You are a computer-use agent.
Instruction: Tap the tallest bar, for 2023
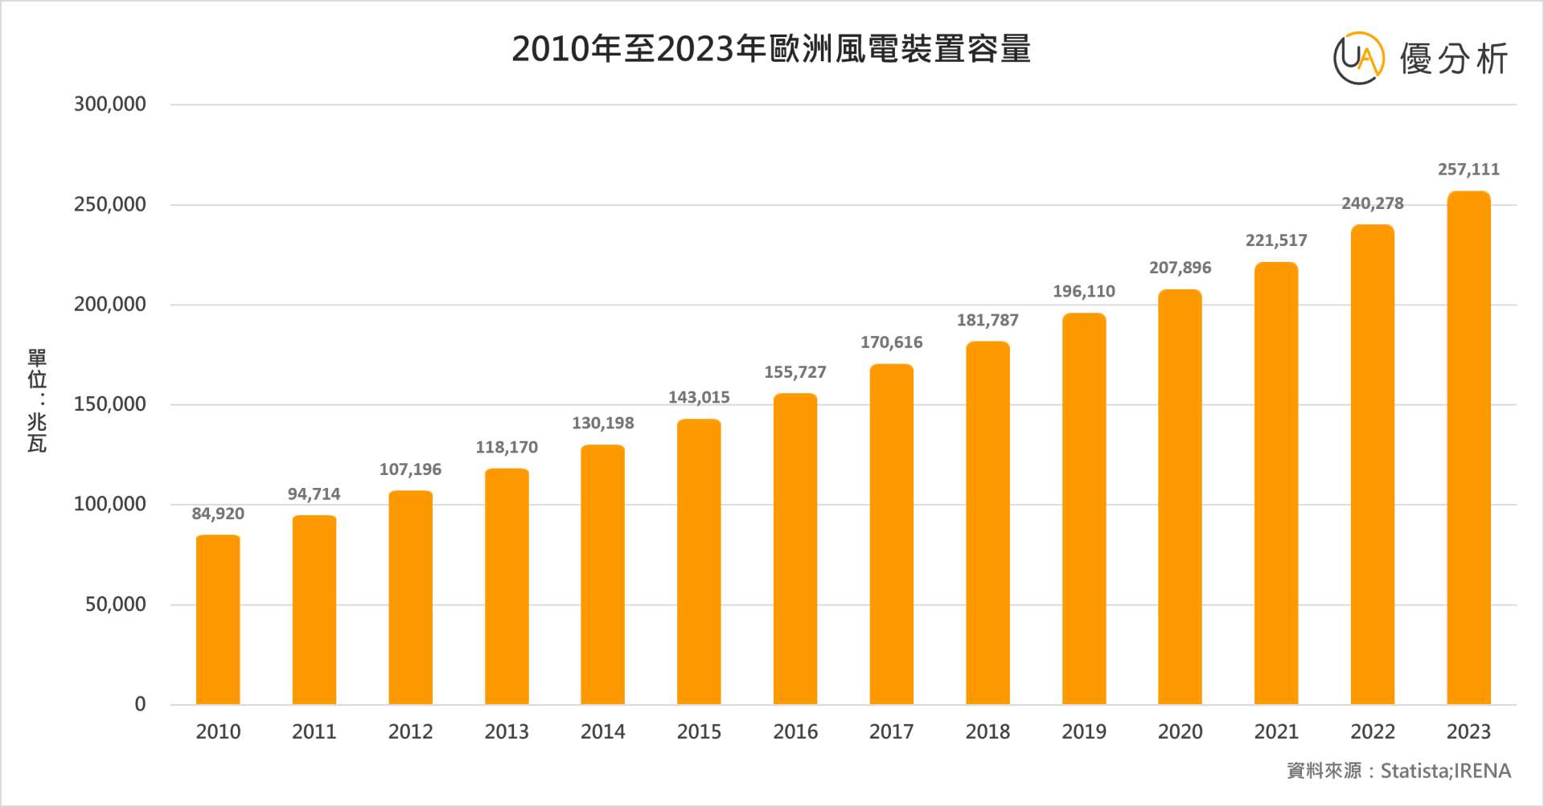click(1468, 448)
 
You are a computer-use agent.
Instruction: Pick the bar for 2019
click(1084, 509)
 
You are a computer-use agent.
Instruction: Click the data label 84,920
click(218, 514)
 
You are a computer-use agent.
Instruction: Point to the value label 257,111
click(1468, 170)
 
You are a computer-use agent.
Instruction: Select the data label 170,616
click(891, 342)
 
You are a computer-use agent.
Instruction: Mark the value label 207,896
click(1180, 268)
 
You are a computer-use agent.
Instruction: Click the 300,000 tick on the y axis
click(110, 104)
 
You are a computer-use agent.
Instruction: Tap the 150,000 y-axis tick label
click(110, 404)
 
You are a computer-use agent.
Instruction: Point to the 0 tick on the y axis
click(140, 705)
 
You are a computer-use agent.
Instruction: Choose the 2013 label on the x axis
click(507, 731)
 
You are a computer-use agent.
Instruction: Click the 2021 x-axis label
click(1276, 731)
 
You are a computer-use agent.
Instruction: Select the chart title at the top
click(771, 49)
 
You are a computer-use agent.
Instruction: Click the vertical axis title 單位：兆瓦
click(37, 400)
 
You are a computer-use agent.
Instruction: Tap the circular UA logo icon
click(1359, 58)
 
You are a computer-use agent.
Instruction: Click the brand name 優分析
click(1454, 59)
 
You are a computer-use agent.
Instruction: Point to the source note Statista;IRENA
click(1399, 771)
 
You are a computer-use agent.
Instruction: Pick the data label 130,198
click(602, 424)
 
